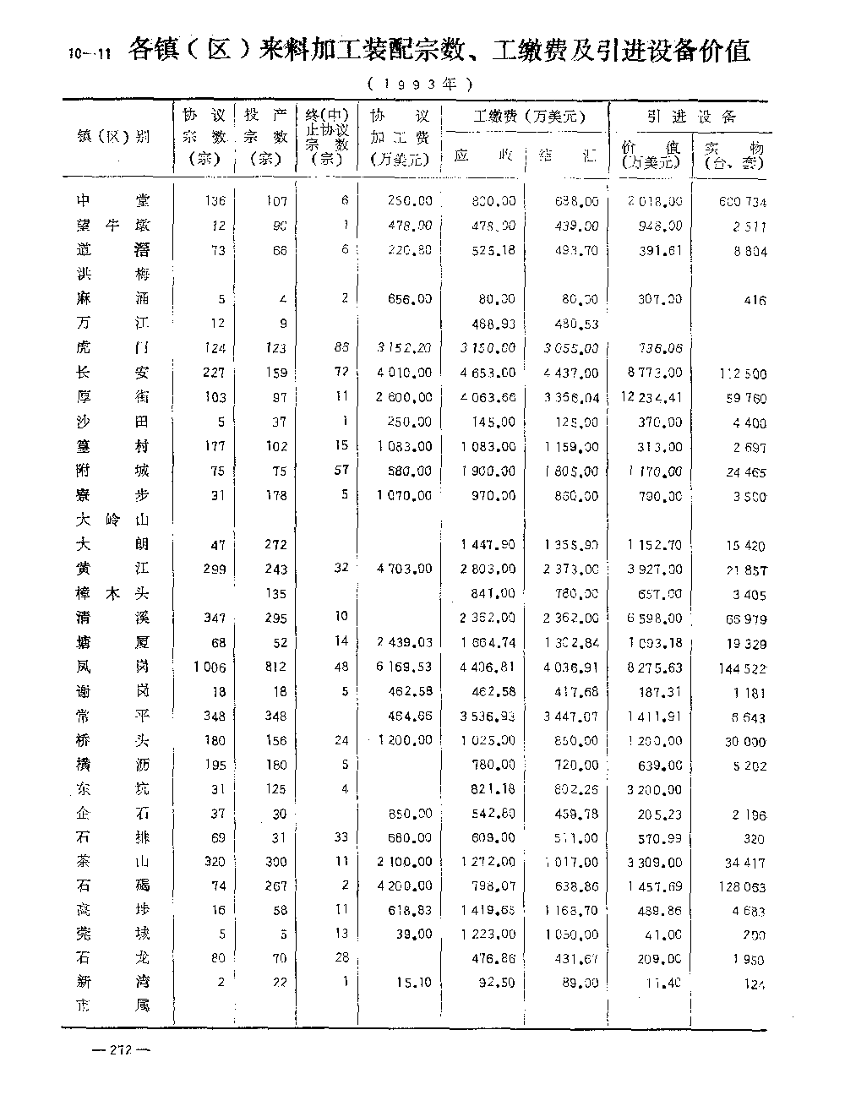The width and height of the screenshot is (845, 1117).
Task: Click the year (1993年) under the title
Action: [418, 84]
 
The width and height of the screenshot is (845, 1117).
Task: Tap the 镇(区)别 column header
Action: [113, 136]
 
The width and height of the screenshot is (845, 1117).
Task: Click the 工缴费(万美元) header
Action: [529, 116]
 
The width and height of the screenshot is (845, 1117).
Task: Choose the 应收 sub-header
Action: [483, 155]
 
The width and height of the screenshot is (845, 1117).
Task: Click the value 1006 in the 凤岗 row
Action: [209, 667]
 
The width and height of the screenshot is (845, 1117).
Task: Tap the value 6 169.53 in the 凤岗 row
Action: [402, 667]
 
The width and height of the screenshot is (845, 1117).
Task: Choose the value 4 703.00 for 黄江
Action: [402, 569]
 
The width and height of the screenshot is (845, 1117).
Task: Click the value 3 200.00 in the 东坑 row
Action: [653, 790]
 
